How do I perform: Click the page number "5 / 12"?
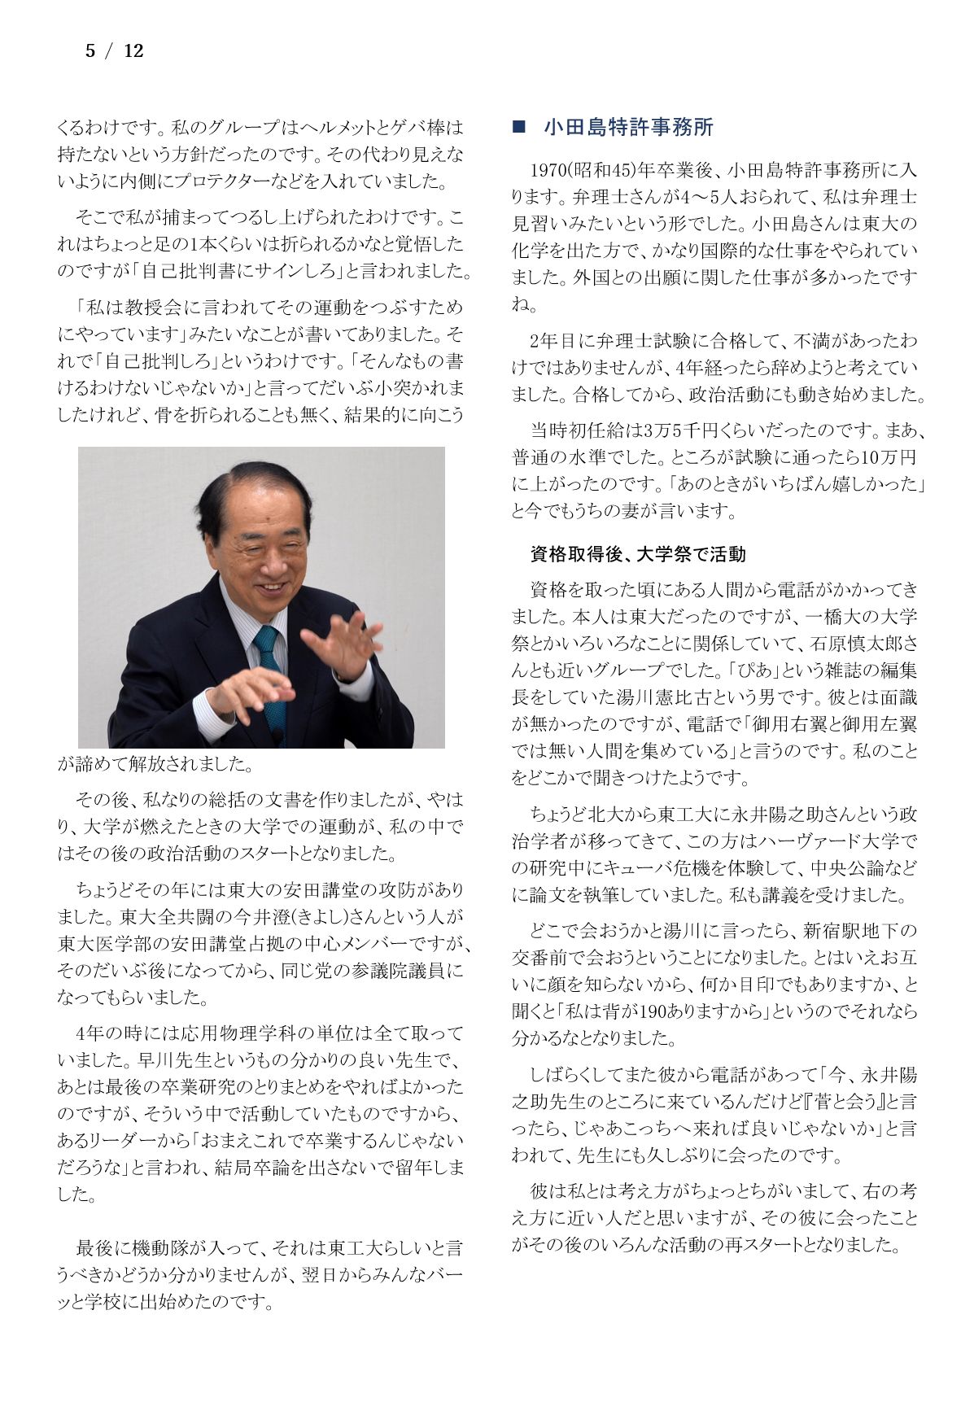coord(114,51)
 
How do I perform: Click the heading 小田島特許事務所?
coord(628,128)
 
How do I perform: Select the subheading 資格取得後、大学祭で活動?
coord(637,555)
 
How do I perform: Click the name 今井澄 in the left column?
coord(230,917)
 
